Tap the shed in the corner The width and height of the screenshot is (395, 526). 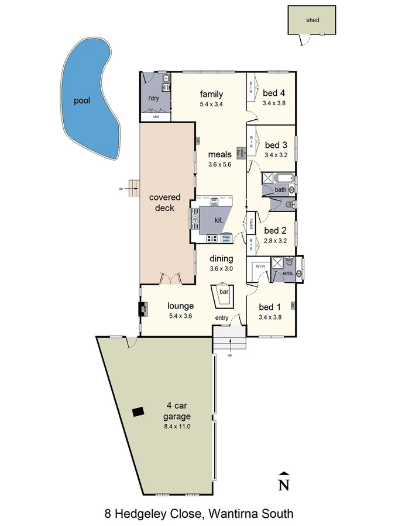click(x=312, y=20)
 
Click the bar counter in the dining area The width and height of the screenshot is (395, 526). click(x=224, y=296)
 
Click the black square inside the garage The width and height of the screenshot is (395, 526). click(x=138, y=411)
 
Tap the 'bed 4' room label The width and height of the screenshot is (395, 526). click(x=274, y=92)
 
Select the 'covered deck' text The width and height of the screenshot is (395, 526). click(x=164, y=202)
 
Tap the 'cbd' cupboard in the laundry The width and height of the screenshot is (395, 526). click(x=156, y=117)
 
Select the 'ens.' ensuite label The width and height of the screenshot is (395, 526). click(x=287, y=273)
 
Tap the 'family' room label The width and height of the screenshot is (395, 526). click(x=211, y=94)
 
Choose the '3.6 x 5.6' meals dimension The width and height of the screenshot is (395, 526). click(x=220, y=165)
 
